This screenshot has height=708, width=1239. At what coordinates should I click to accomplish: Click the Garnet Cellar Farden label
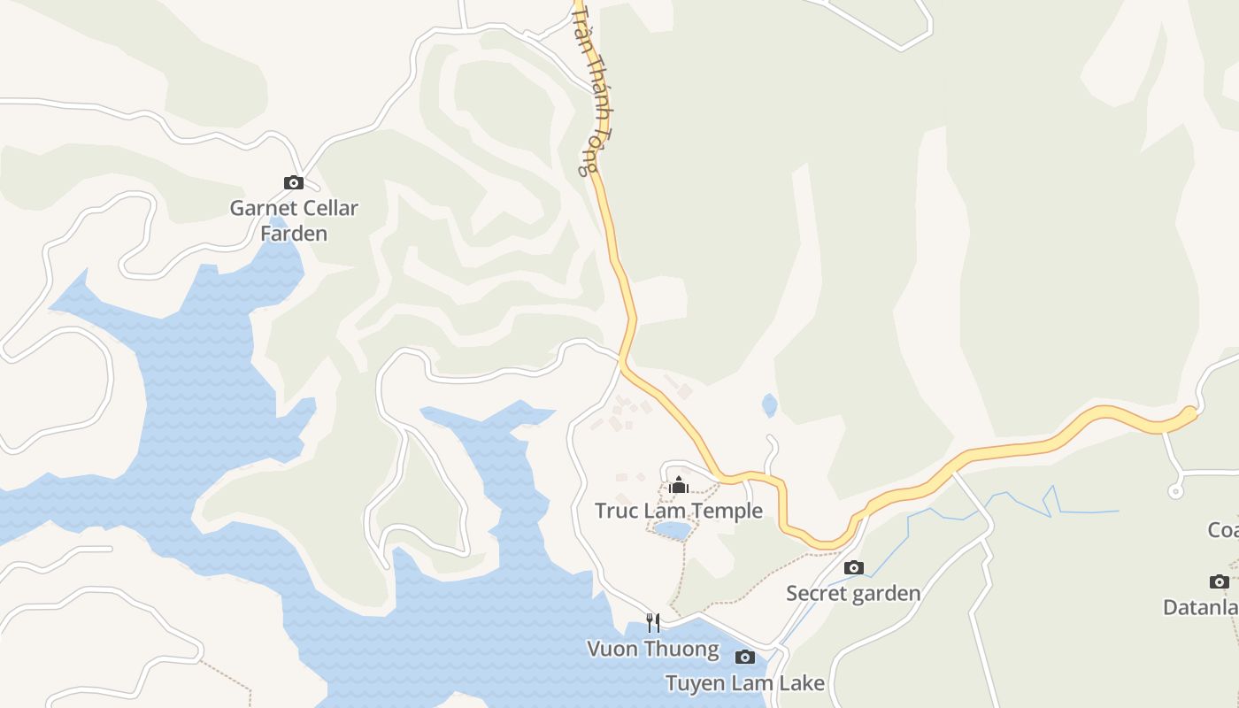294,220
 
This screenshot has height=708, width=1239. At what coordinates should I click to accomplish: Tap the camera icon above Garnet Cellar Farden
294,183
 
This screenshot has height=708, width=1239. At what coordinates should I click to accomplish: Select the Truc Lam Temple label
678,511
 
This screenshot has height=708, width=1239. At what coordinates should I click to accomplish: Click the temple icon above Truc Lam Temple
679,485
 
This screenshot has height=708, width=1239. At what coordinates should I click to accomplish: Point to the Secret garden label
853,593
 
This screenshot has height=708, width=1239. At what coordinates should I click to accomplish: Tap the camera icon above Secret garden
853,568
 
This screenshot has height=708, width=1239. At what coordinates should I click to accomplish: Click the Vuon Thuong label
653,649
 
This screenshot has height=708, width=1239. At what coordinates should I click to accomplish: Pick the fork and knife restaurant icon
653,622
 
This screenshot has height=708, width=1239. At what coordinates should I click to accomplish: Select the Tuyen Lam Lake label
744,683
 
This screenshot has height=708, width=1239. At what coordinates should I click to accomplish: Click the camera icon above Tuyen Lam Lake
745,657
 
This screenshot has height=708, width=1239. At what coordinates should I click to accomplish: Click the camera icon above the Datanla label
1220,581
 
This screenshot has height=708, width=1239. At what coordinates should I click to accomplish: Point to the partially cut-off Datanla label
1200,608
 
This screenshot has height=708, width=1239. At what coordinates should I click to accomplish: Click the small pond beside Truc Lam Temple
673,530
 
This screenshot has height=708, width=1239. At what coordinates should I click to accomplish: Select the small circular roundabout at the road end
1175,491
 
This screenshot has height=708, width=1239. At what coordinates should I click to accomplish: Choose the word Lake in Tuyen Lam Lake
803,683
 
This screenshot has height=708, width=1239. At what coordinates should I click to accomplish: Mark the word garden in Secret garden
886,593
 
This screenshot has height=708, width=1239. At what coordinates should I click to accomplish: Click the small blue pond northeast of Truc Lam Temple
770,405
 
